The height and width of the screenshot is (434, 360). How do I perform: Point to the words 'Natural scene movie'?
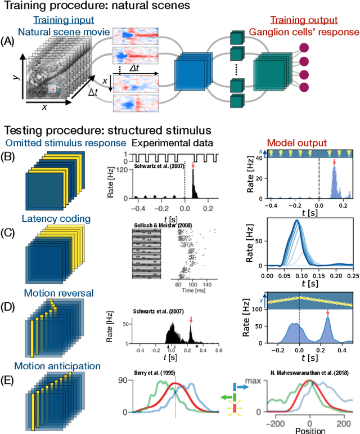60,33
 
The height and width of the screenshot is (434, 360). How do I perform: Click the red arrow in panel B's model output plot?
334,164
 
